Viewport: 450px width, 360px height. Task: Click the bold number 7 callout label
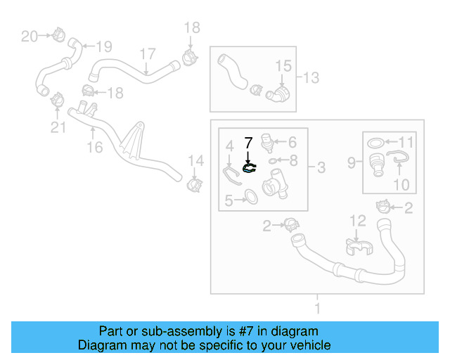[x=247, y=143]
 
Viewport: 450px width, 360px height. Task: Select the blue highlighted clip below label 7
[x=249, y=168]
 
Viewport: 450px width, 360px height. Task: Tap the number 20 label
[x=29, y=36]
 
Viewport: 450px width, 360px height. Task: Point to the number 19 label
[x=103, y=47]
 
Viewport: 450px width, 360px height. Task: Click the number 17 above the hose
[x=147, y=54]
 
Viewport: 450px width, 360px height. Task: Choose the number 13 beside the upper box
[x=310, y=76]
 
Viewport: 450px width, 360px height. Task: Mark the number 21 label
[x=58, y=127]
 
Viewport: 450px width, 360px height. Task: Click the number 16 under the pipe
[x=94, y=147]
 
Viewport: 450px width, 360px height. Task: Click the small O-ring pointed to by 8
[x=272, y=161]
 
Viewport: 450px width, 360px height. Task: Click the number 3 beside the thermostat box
[x=321, y=167]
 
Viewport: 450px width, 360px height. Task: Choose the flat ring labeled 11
[x=377, y=144]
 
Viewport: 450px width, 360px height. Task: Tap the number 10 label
[x=401, y=185]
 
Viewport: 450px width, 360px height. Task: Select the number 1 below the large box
[x=317, y=308]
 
